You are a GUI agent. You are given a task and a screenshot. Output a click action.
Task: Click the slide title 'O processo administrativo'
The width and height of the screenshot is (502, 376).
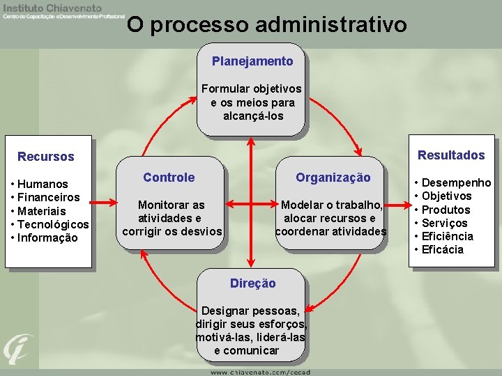point(267,25)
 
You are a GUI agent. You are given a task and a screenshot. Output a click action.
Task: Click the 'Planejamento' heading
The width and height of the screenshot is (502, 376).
point(252,61)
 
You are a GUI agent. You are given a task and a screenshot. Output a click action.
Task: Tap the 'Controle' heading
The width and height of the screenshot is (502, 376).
point(169,178)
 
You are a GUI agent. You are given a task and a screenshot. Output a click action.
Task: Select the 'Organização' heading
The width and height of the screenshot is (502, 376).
point(333,178)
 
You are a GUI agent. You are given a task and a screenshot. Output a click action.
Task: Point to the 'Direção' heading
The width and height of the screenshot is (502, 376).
point(252,283)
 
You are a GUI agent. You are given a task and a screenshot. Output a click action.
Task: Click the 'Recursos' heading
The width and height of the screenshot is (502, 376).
point(45,157)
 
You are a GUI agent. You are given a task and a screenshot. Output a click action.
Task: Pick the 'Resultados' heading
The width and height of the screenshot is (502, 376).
point(451,155)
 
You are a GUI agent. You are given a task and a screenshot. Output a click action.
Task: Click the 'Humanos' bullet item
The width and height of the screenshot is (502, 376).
point(43,185)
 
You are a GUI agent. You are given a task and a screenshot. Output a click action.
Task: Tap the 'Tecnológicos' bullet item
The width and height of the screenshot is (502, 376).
point(53,224)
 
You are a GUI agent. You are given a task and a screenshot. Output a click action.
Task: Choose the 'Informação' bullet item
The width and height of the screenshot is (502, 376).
point(48,237)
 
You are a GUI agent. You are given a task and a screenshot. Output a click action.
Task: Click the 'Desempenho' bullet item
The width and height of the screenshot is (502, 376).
point(456,183)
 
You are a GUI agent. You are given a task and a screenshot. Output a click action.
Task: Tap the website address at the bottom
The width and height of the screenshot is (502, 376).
point(260,372)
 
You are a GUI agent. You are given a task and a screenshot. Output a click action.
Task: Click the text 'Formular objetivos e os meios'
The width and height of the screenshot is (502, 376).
point(252,95)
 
